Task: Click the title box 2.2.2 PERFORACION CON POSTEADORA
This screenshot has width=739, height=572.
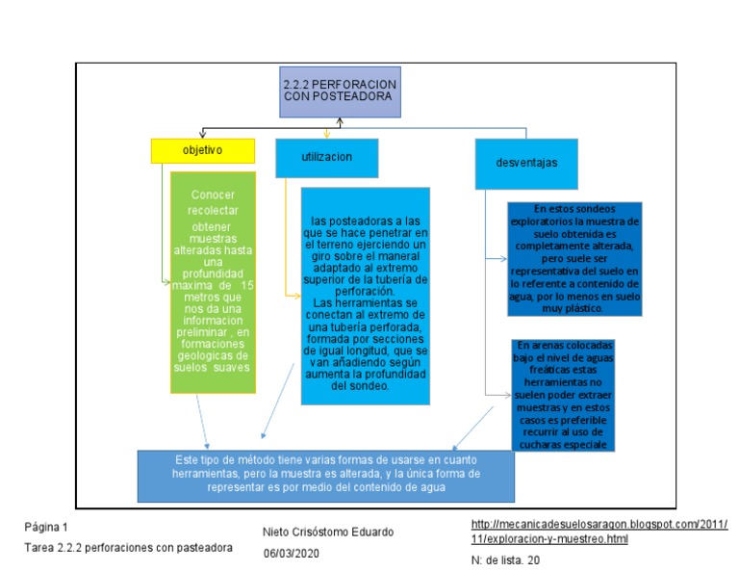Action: [340, 91]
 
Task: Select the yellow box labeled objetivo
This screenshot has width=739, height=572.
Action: [202, 151]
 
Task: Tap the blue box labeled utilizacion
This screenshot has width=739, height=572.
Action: [326, 157]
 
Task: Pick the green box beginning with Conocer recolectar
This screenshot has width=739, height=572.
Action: [214, 282]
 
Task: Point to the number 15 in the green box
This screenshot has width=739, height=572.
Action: [246, 286]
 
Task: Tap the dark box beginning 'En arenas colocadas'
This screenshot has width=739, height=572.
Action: [563, 394]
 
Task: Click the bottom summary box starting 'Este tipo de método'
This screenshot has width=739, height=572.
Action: [325, 474]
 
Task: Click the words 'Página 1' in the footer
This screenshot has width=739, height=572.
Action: [46, 528]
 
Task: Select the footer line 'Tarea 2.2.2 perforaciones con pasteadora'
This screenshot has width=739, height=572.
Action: [129, 547]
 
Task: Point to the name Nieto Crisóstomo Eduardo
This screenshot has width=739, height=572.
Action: [327, 533]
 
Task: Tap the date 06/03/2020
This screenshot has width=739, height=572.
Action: [292, 554]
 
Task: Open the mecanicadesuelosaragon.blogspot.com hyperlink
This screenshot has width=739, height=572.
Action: [599, 531]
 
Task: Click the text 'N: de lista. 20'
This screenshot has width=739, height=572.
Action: [505, 559]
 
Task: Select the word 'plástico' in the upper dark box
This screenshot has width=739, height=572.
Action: [579, 309]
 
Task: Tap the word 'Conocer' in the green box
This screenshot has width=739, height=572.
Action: [214, 195]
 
